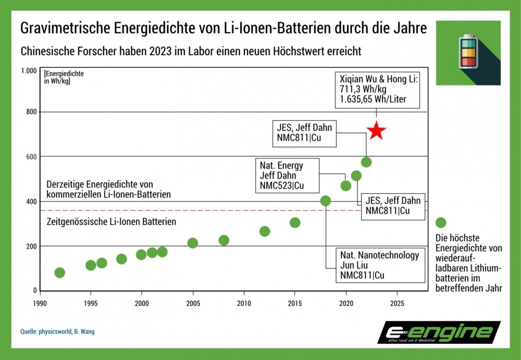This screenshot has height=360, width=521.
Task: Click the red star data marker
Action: pos(376,131)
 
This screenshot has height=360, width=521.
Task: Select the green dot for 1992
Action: pos(59,272)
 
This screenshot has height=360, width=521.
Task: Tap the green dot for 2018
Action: pos(326,201)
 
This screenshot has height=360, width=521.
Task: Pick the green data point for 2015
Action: pos(295,222)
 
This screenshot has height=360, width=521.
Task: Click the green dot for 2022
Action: pos(366,162)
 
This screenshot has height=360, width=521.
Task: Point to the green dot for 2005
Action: pos(192,243)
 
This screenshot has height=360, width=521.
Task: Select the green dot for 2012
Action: pos(265,231)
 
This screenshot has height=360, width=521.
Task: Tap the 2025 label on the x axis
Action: pos(397,303)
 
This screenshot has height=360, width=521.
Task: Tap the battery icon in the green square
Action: pos(467,52)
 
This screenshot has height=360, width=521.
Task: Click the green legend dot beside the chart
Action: pos(441,222)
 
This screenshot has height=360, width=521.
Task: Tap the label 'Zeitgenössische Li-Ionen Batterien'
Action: pos(111,222)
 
